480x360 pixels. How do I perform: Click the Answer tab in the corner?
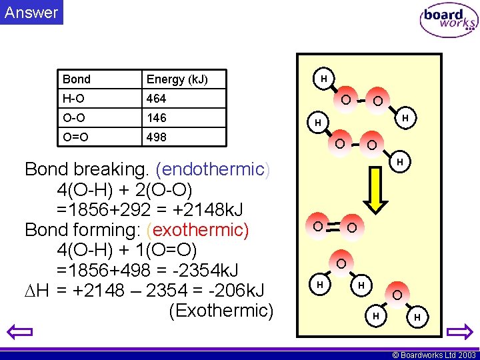[x=31, y=12]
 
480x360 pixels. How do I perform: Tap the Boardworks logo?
[x=448, y=21]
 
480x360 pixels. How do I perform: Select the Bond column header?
[x=77, y=79]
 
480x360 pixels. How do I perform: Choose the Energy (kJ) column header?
[x=177, y=79]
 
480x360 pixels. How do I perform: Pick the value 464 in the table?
[x=157, y=99]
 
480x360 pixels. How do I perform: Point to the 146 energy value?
[x=157, y=118]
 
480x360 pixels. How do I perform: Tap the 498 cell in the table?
[x=157, y=137]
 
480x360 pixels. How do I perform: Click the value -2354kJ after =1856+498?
[x=203, y=271]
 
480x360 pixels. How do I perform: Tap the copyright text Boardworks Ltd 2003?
[x=433, y=355]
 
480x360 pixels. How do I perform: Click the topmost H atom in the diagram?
[x=323, y=79]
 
